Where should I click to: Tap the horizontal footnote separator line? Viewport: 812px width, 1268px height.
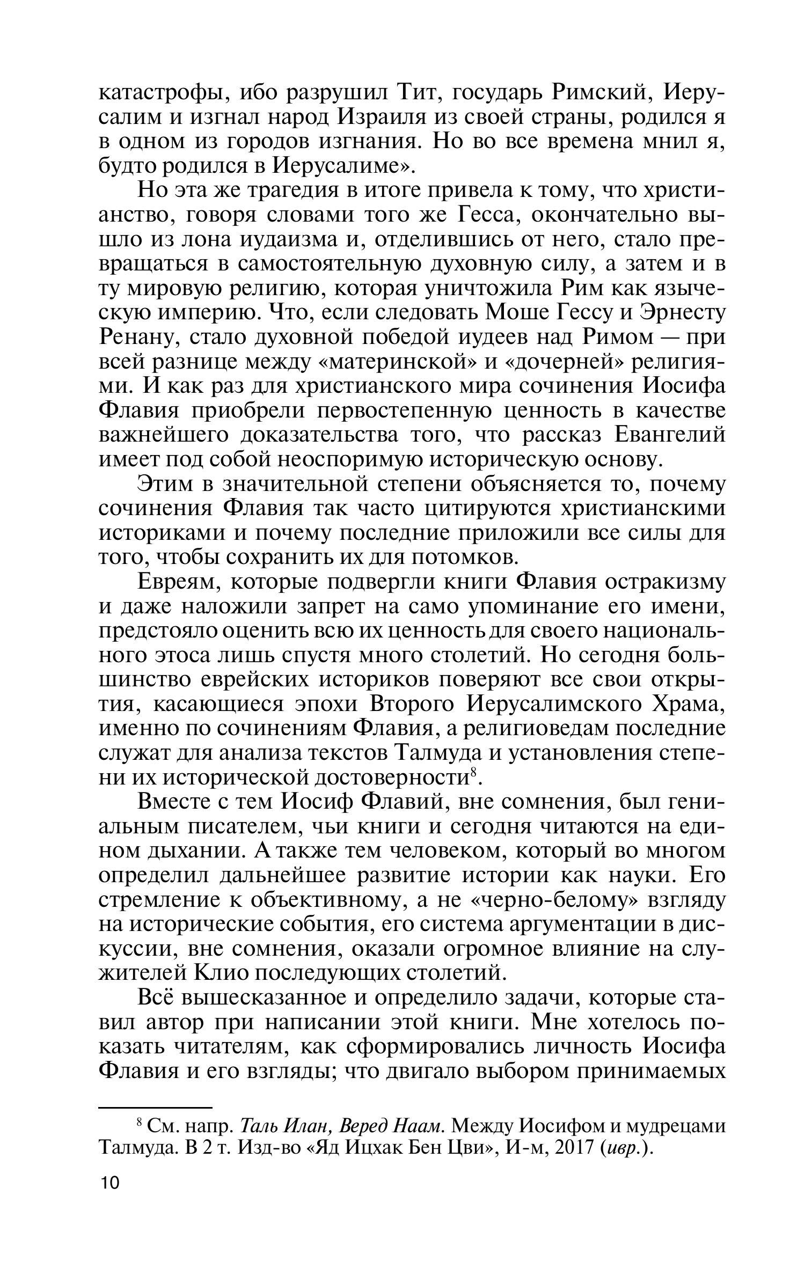pyautogui.click(x=156, y=1107)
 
